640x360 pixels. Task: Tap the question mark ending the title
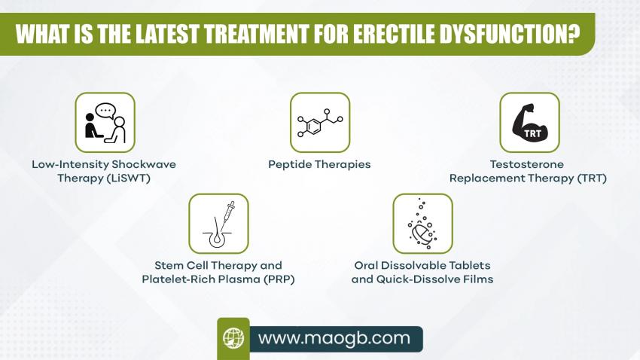[574, 33]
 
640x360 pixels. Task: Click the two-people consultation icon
[105, 123]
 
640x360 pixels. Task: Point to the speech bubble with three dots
[105, 111]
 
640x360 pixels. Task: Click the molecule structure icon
[320, 123]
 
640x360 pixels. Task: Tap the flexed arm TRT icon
[529, 123]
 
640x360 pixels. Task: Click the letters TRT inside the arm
[532, 133]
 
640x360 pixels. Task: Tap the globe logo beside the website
[233, 338]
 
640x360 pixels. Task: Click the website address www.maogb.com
[334, 338]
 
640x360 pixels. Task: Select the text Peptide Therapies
[319, 164]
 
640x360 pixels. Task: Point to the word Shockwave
[144, 164]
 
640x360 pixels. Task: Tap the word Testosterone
[527, 164]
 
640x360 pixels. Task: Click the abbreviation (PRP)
[279, 279]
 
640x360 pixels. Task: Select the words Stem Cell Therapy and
[218, 265]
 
